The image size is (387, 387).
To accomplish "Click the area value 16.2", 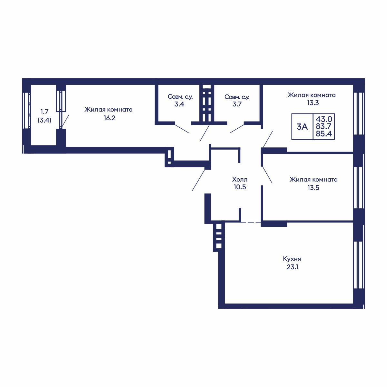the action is (x=109, y=118).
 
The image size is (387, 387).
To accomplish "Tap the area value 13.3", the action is (x=313, y=103).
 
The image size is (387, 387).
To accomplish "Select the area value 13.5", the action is (x=313, y=188).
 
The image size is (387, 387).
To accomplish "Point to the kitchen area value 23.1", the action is (x=292, y=267).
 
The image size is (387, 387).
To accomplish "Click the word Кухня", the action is (x=292, y=259).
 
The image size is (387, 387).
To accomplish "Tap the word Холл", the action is (x=240, y=179).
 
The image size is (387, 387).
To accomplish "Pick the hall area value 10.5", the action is (x=240, y=187).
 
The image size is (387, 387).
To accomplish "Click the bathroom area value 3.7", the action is (x=237, y=104).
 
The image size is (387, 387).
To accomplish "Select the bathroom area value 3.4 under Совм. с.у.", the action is (x=179, y=104).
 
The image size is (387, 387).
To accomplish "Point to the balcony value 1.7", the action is (x=45, y=112).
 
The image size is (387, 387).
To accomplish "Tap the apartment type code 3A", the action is (x=302, y=127).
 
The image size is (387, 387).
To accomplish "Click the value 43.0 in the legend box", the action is (x=324, y=119).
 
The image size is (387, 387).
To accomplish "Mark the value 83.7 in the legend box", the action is (x=323, y=126).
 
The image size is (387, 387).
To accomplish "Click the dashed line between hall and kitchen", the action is (x=251, y=222).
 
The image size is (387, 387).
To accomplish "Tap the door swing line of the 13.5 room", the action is (x=267, y=174).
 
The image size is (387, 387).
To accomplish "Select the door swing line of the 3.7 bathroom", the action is (x=237, y=129).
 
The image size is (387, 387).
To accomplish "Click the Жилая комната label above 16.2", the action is (x=108, y=110).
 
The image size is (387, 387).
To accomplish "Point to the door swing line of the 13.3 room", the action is (x=267, y=140).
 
